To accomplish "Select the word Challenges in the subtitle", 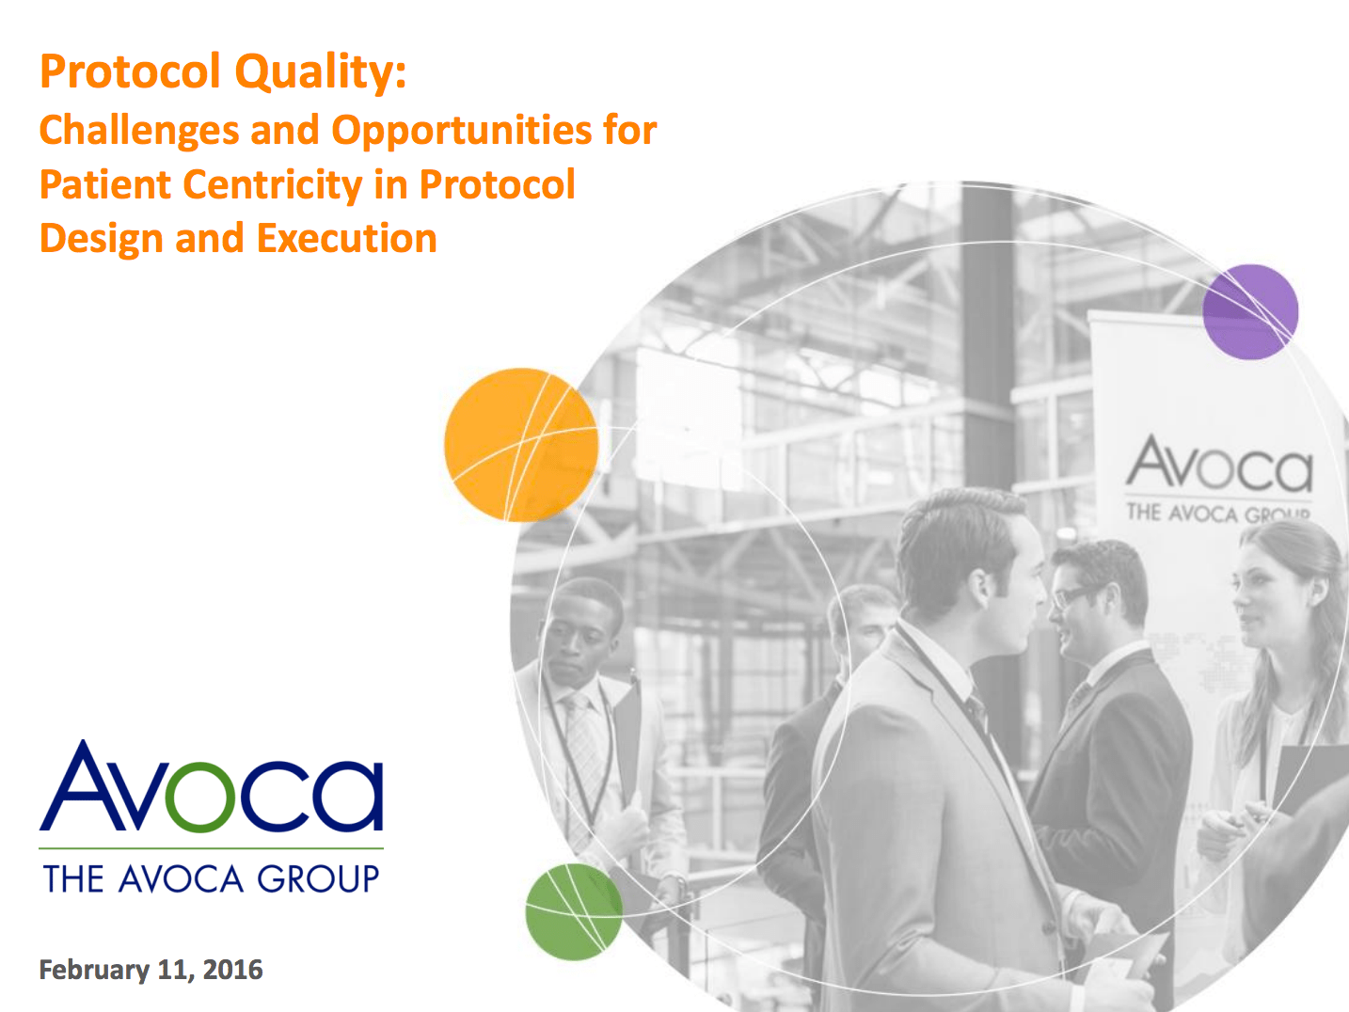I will [139, 130].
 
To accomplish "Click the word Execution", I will [346, 239].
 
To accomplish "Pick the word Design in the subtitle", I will [102, 239].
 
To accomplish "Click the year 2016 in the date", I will [233, 970].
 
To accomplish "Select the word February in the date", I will [94, 970].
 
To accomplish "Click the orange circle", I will [520, 444].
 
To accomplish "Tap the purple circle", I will [1250, 311].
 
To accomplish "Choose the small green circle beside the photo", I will [573, 911].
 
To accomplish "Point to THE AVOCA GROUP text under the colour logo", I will [211, 879].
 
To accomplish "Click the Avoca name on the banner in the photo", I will [1219, 466].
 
